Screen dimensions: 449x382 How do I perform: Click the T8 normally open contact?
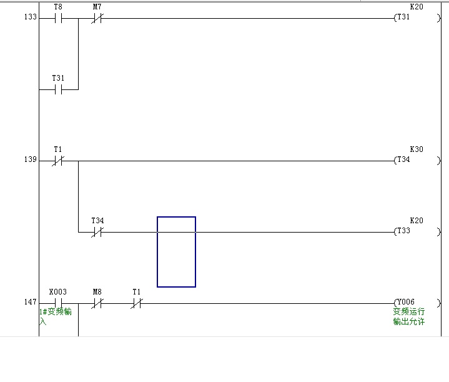coord(58,18)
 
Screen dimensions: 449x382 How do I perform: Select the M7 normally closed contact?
coord(97,18)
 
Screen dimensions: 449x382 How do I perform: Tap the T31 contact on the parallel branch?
coord(58,89)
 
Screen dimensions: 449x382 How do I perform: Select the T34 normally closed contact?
coord(97,232)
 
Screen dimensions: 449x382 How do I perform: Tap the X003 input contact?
coord(58,303)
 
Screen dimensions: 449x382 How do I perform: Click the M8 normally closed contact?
coord(97,303)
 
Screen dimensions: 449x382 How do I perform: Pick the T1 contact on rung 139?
coord(58,161)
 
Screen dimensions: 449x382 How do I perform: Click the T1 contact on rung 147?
coord(137,303)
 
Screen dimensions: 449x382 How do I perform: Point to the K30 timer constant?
coord(416,149)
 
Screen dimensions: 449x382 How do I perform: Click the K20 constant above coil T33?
coord(416,221)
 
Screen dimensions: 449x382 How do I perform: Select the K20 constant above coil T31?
coord(416,7)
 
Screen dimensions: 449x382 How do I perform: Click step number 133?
coord(30,18)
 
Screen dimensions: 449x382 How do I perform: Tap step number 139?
coord(30,160)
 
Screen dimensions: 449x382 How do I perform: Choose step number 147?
coord(30,303)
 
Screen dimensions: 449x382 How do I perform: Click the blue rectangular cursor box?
coord(176,252)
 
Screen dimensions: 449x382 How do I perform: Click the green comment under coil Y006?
coord(408,316)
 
